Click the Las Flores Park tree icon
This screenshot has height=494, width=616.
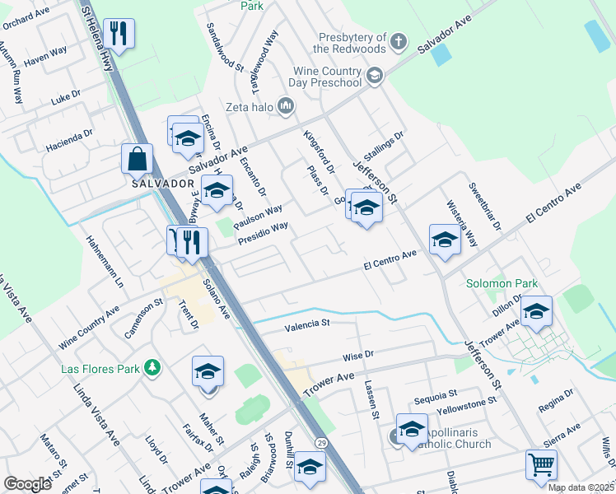pos(152,367)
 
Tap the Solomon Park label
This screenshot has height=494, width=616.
pos(502,283)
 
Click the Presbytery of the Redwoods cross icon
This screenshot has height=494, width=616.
pos(399,41)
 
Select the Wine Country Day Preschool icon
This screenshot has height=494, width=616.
pos(376,77)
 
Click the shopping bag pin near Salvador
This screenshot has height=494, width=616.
pos(137,158)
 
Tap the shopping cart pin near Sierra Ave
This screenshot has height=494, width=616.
pos(541,464)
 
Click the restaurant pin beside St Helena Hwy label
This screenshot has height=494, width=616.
pos(119,34)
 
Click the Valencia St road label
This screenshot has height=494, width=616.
pos(307,324)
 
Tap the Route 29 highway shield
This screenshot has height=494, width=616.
pos(322,444)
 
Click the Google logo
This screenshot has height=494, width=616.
pos(28,484)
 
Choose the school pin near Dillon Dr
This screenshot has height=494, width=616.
pos(536,312)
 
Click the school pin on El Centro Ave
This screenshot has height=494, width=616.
pos(445,240)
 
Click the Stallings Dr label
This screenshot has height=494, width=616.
pos(388,147)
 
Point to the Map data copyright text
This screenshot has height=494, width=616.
pos(581,487)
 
